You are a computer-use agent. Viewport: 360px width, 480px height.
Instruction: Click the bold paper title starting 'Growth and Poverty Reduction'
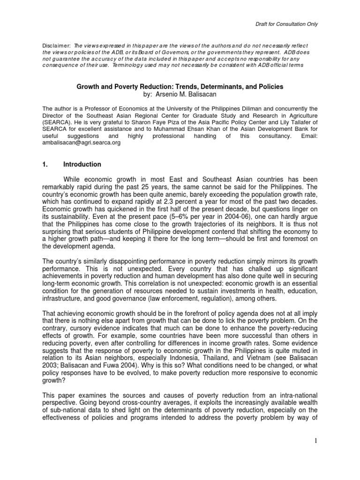click(180, 87)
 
